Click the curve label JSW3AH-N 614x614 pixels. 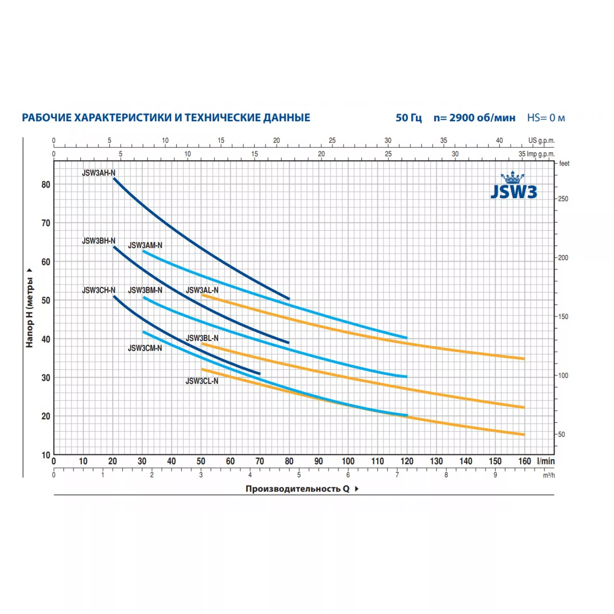coord(98,173)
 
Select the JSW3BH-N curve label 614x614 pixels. coord(98,241)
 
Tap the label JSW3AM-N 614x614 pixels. coord(145,245)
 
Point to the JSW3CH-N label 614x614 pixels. coord(98,290)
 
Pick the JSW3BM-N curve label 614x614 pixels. coord(145,290)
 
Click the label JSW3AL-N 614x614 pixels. coord(202,290)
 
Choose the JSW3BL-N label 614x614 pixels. coord(202,338)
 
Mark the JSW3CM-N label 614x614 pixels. coord(145,348)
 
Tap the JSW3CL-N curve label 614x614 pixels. coord(202,381)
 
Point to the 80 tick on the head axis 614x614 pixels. coord(46,185)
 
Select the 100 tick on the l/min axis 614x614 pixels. coord(348,461)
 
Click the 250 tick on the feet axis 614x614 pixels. coord(563,199)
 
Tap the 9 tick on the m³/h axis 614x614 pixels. coord(495,475)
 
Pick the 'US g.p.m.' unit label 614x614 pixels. coord(541,140)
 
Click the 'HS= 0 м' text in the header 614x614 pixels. coord(546,118)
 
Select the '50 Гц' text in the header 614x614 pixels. coord(409,118)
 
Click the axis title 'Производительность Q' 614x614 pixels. coord(298,489)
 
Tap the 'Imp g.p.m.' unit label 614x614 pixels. coord(541,154)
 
